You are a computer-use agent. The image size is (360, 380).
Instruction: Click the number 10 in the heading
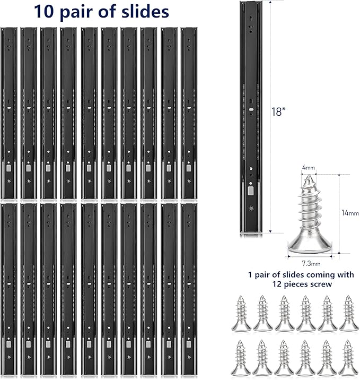[43, 11]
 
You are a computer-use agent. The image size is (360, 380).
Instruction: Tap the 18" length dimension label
[278, 112]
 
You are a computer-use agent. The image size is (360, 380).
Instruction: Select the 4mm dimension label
[308, 168]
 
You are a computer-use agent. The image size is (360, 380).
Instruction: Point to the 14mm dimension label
[350, 213]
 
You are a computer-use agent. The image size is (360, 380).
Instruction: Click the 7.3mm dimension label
[311, 263]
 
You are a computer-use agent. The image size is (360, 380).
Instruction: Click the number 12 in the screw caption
[277, 284]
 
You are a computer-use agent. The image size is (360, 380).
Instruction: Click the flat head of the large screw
[310, 248]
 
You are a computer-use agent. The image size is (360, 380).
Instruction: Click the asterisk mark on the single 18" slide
[251, 209]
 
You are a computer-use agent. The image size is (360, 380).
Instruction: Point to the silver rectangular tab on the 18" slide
[251, 191]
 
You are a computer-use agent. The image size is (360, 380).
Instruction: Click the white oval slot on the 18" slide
[251, 109]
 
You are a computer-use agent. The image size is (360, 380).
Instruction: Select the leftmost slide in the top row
[9, 114]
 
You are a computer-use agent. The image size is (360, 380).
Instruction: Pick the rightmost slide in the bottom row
[189, 290]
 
